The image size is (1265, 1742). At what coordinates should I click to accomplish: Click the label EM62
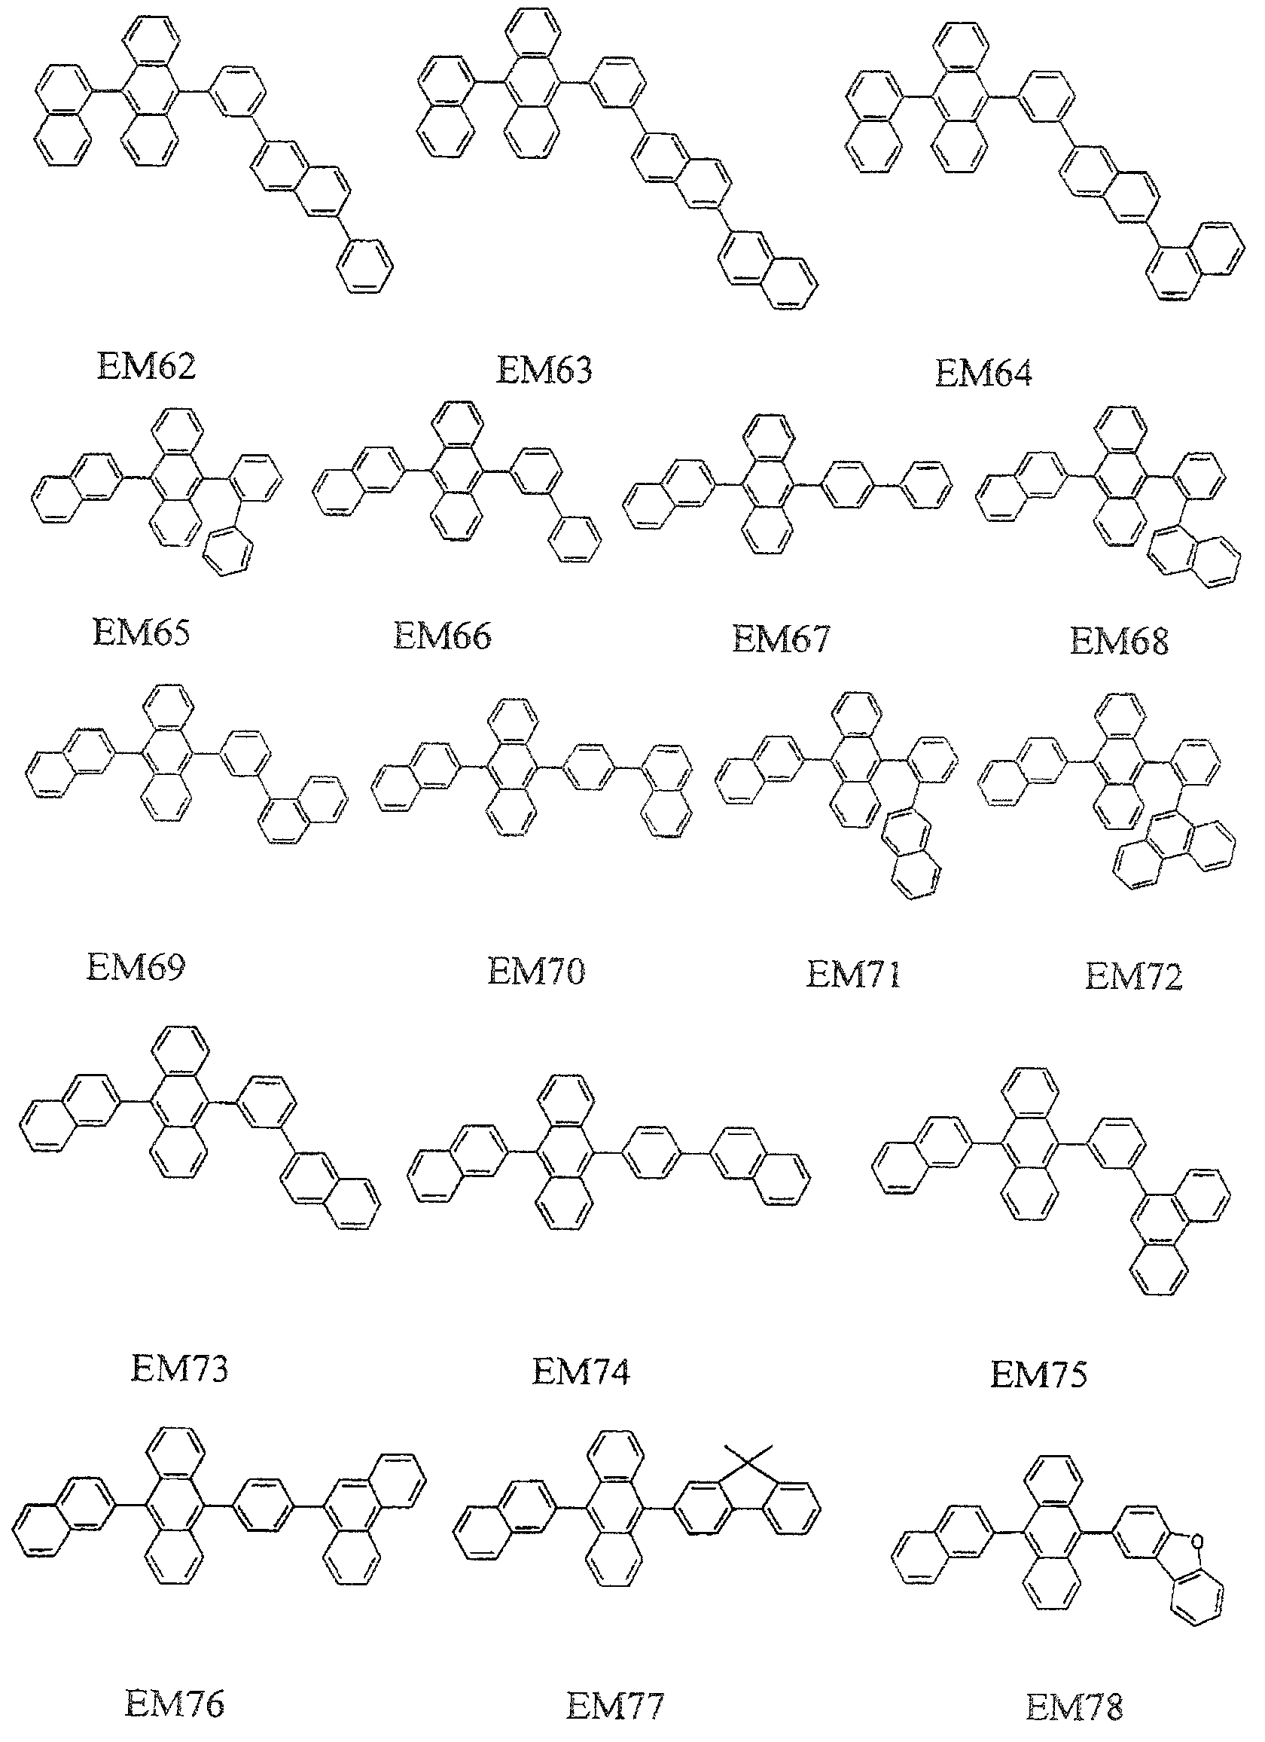146,365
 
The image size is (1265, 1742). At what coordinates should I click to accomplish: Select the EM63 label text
544,371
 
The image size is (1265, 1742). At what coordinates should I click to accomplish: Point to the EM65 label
141,633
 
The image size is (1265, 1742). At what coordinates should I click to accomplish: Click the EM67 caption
780,638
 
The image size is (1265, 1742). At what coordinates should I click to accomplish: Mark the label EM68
1118,642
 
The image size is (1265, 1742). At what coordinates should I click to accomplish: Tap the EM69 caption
136,967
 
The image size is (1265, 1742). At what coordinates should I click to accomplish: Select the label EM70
535,972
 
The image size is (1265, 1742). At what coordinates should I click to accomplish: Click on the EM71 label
852,975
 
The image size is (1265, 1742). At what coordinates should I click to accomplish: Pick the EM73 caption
179,1368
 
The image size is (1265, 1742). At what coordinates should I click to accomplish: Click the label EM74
581,1371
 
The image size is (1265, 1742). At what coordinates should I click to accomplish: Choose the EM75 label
1038,1374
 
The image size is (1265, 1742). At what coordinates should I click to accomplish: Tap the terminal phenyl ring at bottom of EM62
365,266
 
